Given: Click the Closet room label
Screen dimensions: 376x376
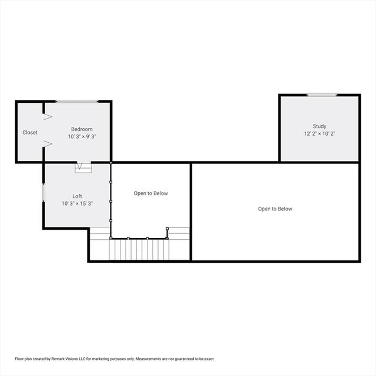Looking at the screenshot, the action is (30, 132).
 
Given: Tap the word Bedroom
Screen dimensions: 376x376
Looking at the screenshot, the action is (82, 129).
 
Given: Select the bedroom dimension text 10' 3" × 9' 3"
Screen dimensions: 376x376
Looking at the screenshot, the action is (82, 136).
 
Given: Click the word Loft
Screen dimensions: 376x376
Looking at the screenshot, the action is (77, 196).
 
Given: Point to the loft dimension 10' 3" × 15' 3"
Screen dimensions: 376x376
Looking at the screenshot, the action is (77, 203).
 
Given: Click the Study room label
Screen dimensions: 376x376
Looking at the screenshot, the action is (320, 126).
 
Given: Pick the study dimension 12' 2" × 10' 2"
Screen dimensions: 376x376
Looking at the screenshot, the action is (320, 133).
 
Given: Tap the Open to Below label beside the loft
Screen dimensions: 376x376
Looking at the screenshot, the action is (151, 193).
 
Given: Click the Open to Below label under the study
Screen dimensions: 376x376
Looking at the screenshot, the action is (275, 209).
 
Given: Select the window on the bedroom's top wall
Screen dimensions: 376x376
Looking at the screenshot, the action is (77, 102).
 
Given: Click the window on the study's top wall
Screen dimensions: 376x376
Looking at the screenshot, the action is (322, 95).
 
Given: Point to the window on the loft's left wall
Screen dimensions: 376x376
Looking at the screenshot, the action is (43, 193).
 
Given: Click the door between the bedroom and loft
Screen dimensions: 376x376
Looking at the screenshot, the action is (83, 167).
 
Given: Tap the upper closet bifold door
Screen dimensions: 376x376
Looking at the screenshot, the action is (48, 117).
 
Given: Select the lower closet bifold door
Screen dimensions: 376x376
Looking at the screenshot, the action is (48, 143).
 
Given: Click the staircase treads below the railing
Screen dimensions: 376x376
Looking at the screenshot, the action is (139, 249).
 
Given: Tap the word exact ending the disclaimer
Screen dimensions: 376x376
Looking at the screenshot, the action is (209, 359).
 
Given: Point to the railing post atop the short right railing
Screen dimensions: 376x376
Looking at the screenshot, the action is (167, 229).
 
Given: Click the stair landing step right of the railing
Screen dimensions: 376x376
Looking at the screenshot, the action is (179, 233).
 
